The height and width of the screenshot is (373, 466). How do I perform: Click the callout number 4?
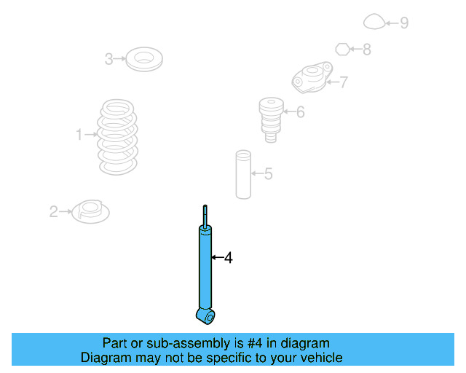[228, 257]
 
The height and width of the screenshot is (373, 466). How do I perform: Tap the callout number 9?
[403, 23]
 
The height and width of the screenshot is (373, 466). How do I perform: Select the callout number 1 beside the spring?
[79, 134]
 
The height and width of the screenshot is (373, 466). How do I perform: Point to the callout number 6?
[300, 111]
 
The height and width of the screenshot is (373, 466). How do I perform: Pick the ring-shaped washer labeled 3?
[143, 59]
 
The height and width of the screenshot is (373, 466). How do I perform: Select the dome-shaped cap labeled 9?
[374, 23]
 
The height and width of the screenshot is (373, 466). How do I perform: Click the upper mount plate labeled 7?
[312, 79]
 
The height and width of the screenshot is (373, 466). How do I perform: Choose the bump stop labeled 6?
[271, 119]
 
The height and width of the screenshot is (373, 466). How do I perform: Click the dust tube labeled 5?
[242, 175]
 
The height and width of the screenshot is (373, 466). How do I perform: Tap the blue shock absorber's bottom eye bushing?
[207, 315]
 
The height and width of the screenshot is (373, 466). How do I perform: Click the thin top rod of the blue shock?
[205, 216]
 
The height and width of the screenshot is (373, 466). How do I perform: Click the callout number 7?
[344, 82]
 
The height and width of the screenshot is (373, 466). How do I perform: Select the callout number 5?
[268, 173]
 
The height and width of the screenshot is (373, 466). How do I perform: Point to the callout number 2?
[53, 212]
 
